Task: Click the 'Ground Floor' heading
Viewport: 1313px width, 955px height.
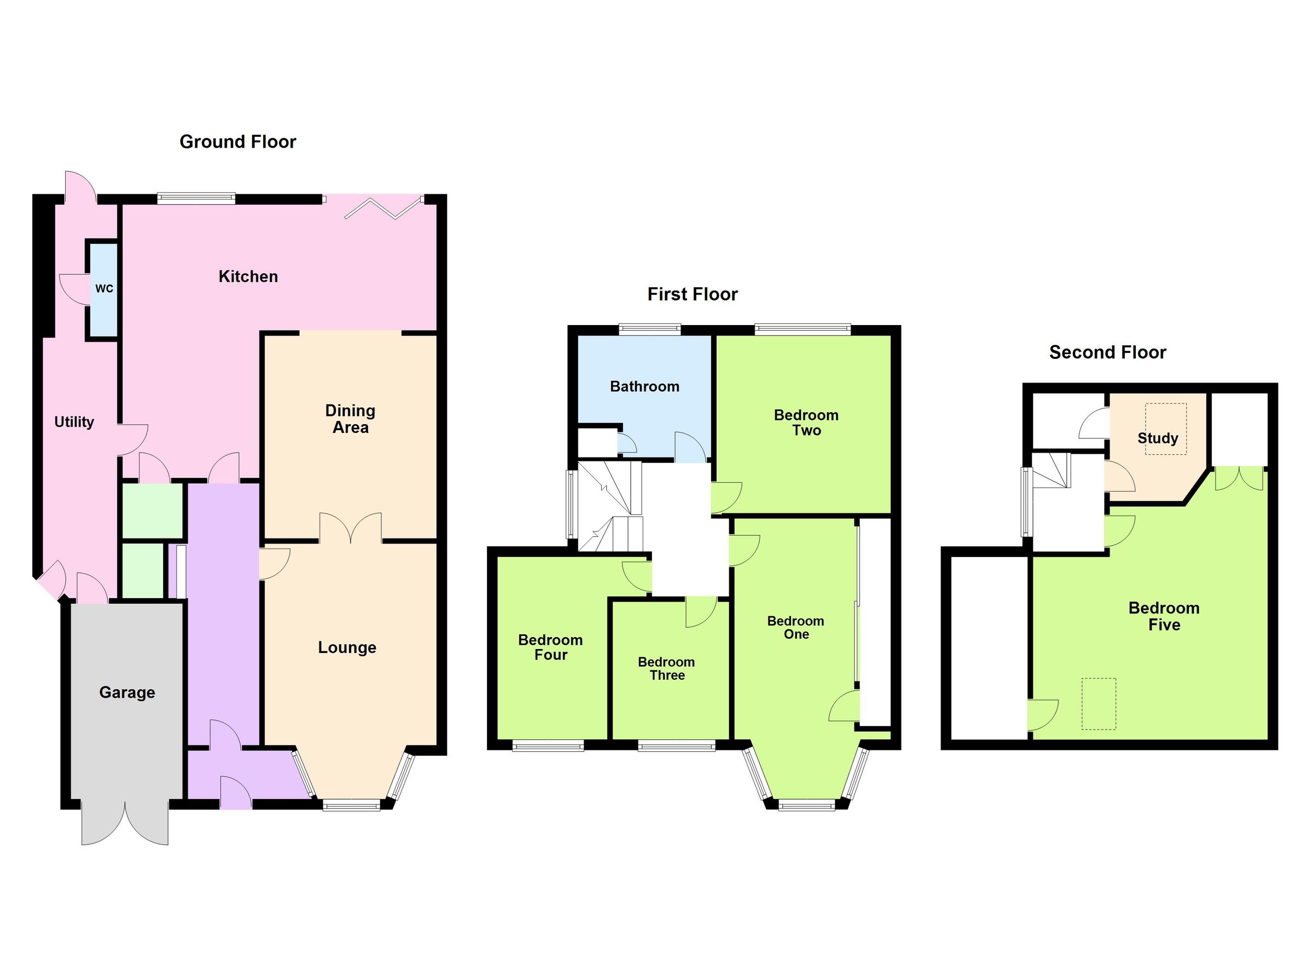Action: (x=237, y=142)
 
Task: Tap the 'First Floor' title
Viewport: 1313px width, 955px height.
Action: (x=693, y=294)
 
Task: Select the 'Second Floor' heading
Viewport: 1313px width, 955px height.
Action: (x=1107, y=352)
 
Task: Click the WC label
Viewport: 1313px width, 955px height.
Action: (x=104, y=288)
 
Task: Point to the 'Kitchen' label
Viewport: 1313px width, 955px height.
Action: (x=248, y=276)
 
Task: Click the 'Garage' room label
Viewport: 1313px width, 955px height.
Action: (x=127, y=692)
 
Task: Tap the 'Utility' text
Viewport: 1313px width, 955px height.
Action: (x=74, y=421)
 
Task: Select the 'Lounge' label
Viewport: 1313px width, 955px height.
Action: (x=347, y=647)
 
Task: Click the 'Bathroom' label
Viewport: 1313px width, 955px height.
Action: (x=644, y=386)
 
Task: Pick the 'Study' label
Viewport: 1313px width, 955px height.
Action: (x=1157, y=438)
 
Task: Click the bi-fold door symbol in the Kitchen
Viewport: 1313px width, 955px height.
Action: (x=384, y=209)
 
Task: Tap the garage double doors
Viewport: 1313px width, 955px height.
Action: (x=125, y=823)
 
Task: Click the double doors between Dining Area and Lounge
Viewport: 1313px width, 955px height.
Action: (x=351, y=528)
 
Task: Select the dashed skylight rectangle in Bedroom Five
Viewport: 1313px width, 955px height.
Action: (x=1099, y=704)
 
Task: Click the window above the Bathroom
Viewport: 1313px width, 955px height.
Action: (x=649, y=329)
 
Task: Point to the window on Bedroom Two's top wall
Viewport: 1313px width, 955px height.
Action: (x=803, y=329)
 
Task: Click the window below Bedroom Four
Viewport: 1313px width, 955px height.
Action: (x=548, y=746)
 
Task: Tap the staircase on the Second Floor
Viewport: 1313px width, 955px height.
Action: (x=1051, y=471)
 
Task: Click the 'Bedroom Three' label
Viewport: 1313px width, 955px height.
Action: (x=666, y=668)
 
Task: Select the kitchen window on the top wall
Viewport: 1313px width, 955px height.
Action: (x=196, y=198)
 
